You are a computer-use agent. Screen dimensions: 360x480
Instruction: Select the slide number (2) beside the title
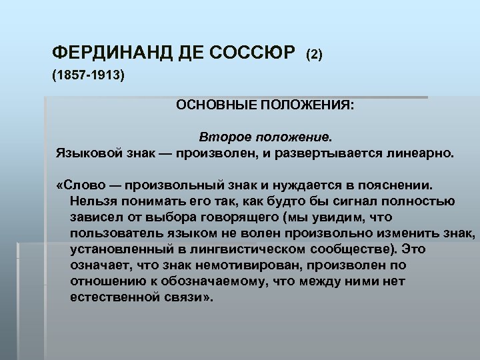(x=314, y=53)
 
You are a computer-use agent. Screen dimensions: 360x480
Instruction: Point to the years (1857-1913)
(x=88, y=75)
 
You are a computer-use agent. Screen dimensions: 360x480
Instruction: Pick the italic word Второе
(x=223, y=137)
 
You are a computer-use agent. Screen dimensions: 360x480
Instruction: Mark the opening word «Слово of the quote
(x=79, y=183)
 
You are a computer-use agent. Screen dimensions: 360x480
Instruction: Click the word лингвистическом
(x=230, y=249)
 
